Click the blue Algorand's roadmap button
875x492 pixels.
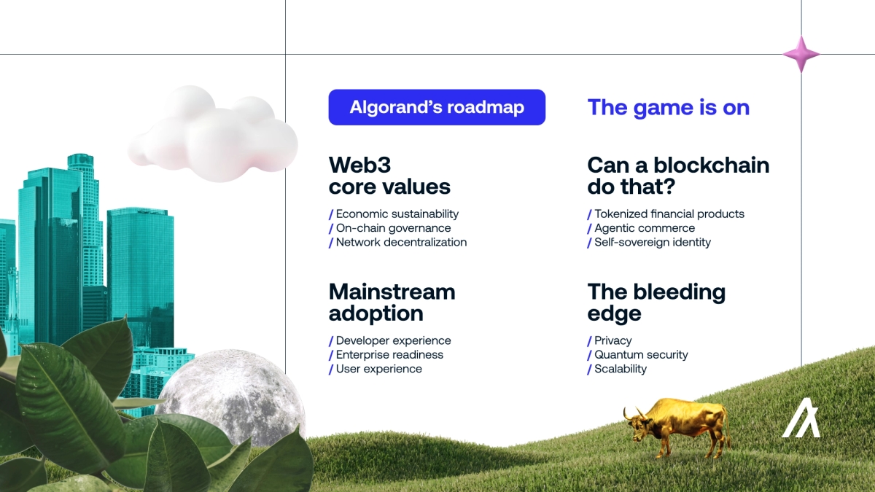tap(437, 107)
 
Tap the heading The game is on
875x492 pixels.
tap(668, 107)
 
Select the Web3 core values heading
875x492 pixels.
tap(389, 176)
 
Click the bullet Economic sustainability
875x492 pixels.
tap(397, 214)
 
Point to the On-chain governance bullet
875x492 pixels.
tap(393, 228)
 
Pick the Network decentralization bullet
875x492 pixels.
tap(401, 242)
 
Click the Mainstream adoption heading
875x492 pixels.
tap(392, 302)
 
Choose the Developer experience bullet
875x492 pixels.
tap(393, 340)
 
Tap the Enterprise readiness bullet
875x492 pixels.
tap(389, 355)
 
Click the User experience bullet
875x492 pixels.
tap(378, 369)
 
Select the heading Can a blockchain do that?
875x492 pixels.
tap(678, 176)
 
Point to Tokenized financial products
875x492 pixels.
tap(669, 214)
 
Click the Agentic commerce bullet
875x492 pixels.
tap(645, 228)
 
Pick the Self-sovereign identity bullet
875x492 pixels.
tap(652, 242)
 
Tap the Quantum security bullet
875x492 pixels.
tap(641, 355)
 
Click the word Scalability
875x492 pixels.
tap(621, 369)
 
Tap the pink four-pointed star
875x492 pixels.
tap(801, 54)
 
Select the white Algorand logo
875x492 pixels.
tap(801, 418)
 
